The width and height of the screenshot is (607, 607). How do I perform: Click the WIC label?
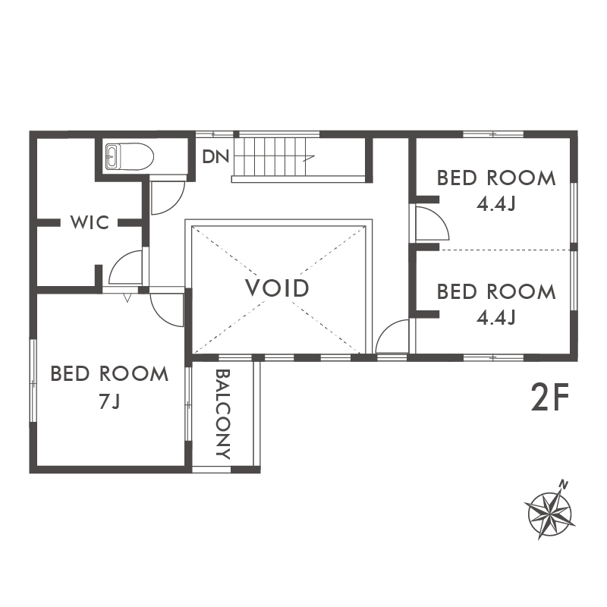[x=90, y=222]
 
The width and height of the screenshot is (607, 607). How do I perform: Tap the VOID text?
[x=277, y=288]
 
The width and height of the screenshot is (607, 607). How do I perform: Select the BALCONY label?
[x=223, y=414]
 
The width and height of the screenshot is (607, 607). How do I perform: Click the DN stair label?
[x=215, y=156]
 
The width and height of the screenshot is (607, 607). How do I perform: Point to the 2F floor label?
[x=549, y=397]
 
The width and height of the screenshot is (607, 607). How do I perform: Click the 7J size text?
[x=109, y=402]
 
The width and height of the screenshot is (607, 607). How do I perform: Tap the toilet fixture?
[x=129, y=157]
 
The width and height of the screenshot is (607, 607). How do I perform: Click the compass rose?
[x=549, y=514]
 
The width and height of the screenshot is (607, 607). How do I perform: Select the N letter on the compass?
[x=564, y=485]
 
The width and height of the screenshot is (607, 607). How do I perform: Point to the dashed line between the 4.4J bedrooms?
[x=506, y=250]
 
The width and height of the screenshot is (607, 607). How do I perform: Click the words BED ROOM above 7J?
[x=109, y=374]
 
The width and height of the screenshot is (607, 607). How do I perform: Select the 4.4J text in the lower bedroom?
[x=496, y=318]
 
